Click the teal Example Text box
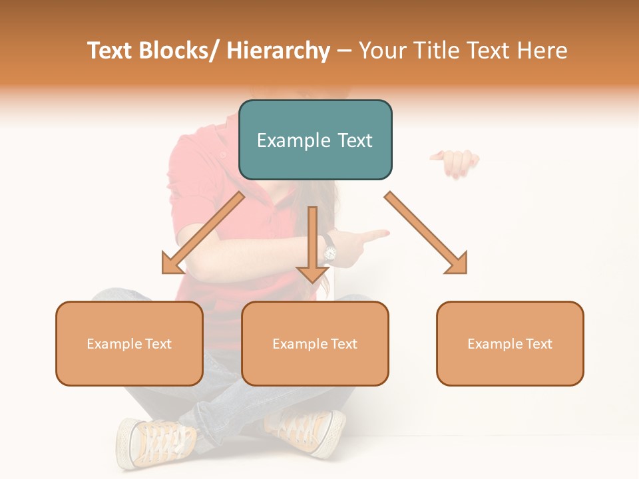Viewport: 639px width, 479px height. (315, 140)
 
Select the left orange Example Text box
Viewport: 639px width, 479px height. (129, 343)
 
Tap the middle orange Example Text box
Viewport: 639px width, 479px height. (315, 343)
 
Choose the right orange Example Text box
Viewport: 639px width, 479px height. (510, 343)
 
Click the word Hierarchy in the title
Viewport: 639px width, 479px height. (278, 51)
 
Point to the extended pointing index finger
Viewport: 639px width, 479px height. (373, 235)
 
